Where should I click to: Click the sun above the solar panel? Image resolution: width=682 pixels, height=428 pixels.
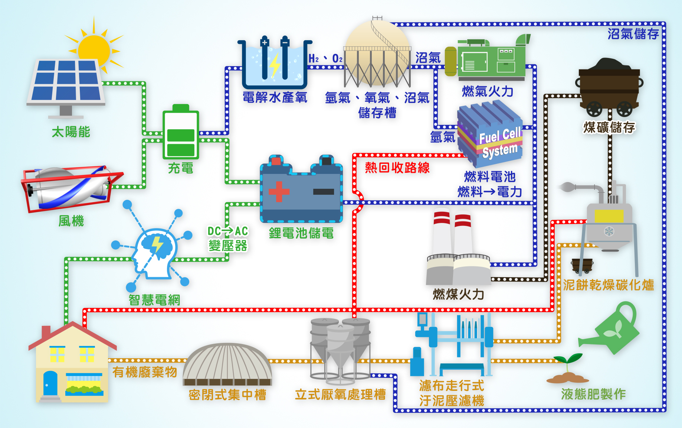click(x=94, y=48)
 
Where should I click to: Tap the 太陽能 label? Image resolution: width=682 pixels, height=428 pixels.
click(x=71, y=132)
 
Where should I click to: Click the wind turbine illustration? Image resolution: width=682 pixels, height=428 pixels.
click(x=71, y=188)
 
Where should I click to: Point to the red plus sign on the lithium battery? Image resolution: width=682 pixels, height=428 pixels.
click(x=279, y=191)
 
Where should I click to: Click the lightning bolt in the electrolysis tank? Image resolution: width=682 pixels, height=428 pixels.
click(x=275, y=65)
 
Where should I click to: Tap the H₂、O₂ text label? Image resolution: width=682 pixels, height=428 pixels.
click(x=325, y=59)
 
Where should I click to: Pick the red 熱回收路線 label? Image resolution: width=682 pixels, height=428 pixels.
click(x=397, y=168)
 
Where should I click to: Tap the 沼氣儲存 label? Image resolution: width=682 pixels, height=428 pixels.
click(x=633, y=34)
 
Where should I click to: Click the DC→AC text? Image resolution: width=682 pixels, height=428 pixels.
click(x=227, y=231)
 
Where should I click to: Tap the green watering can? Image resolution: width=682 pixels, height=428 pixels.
click(x=612, y=329)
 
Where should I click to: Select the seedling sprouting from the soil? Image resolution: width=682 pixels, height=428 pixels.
click(x=568, y=366)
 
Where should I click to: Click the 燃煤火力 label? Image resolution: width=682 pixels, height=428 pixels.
click(x=458, y=295)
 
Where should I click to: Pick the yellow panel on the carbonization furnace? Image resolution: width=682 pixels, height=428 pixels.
click(x=609, y=216)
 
